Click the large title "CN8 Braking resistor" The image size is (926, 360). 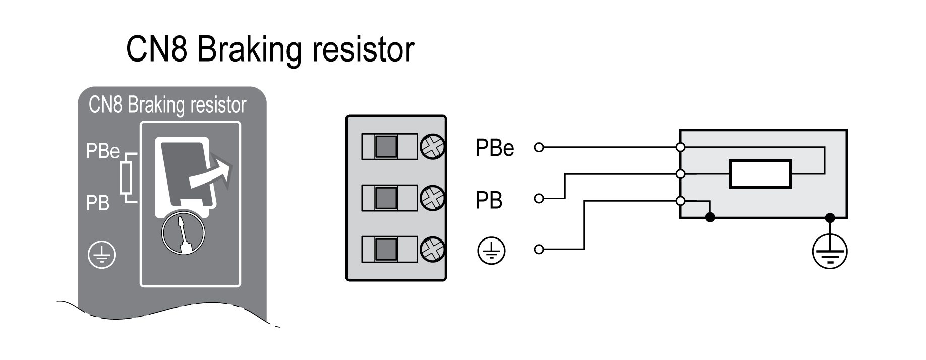tap(270, 49)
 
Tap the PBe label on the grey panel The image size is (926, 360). tap(102, 151)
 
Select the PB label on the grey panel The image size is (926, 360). tap(97, 203)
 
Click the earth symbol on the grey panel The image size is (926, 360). tap(102, 255)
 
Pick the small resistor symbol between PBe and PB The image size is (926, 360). tap(127, 177)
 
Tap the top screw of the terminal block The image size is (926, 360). tap(432, 147)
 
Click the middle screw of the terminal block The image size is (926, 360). tap(432, 198)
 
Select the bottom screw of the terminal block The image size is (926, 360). tap(432, 249)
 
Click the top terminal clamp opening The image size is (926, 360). tap(387, 147)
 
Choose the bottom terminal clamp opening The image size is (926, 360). tap(387, 249)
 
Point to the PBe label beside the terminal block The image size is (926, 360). tap(494, 148)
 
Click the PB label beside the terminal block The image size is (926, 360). tap(489, 200)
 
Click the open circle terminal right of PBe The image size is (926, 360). tap(539, 148)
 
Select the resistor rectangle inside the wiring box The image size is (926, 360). tap(760, 174)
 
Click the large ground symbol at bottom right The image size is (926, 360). tap(830, 252)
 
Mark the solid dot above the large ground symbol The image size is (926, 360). tap(830, 218)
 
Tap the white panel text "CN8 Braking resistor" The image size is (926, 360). tap(167, 105)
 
